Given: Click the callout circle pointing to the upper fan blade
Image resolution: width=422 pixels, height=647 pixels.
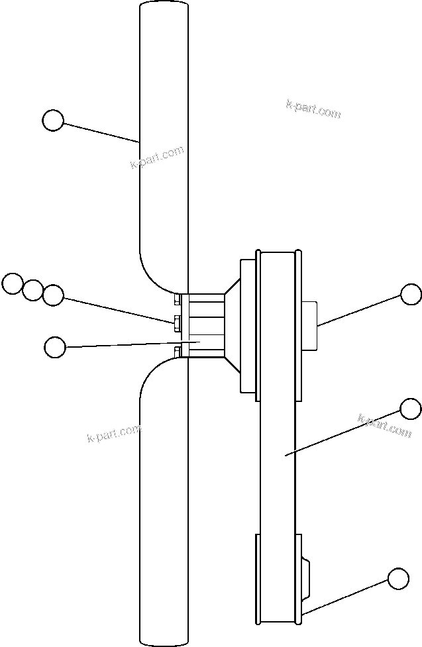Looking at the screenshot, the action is click(53, 121).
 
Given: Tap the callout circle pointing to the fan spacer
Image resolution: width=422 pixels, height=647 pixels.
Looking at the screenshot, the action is click(55, 346).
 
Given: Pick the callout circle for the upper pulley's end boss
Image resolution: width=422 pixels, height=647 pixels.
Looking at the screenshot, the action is click(411, 294).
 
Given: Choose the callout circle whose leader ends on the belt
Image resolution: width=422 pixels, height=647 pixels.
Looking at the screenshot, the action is click(411, 409).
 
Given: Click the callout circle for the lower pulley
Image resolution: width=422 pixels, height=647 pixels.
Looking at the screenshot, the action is click(398, 578).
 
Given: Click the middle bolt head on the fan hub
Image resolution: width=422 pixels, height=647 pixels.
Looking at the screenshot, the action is click(177, 323).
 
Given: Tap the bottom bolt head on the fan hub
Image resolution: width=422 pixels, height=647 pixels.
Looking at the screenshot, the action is click(177, 351).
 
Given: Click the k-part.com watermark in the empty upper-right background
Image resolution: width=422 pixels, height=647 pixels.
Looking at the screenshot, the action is click(313, 109).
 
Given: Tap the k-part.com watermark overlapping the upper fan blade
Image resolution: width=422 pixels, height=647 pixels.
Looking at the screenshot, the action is click(156, 158).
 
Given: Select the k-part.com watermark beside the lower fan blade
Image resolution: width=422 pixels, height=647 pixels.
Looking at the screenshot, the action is click(114, 433).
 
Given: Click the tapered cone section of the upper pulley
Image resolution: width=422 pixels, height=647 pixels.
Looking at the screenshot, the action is click(233, 324).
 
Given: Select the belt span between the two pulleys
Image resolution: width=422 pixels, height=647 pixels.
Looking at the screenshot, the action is click(279, 464).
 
